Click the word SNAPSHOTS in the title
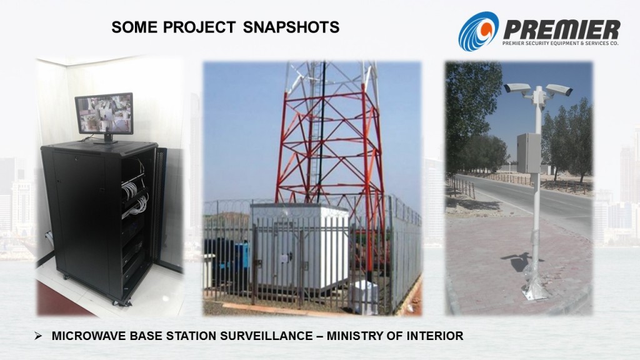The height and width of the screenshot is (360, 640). [291, 27]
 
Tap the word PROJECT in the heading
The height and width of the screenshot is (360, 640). [199, 27]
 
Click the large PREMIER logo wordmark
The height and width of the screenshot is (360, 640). [562, 30]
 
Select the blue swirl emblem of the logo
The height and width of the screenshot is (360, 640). [478, 31]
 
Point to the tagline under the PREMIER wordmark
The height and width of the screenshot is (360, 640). [560, 43]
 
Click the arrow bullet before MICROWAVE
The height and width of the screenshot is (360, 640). [38, 336]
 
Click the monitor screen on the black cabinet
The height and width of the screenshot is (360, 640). [104, 113]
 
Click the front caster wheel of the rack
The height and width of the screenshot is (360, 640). [116, 302]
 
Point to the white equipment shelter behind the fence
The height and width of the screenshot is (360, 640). [301, 246]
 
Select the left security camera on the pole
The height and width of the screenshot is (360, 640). [517, 88]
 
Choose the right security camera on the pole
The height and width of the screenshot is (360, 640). [559, 89]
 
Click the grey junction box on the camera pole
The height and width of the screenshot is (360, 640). [529, 153]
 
